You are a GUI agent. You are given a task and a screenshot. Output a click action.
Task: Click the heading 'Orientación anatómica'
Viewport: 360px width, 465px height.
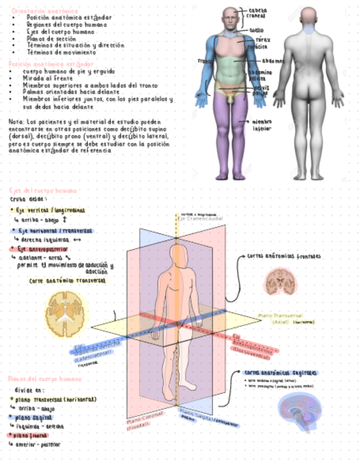pos(44,10)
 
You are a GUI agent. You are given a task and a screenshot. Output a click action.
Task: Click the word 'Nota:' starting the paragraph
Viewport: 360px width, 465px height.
pos(16,122)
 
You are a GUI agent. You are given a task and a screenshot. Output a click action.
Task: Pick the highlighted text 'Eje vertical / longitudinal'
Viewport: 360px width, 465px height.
pos(49,211)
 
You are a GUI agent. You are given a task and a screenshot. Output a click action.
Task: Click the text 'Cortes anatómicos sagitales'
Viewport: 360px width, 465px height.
pos(281,373)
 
